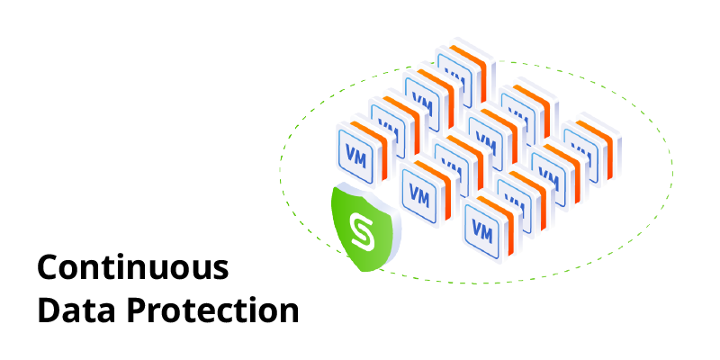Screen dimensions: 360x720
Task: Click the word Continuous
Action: (133, 268)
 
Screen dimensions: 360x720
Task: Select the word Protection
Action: (211, 310)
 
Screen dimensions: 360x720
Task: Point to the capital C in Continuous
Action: (47, 268)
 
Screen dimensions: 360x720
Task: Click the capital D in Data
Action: (47, 310)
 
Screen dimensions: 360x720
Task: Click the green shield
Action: (365, 228)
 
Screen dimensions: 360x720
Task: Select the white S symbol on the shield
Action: (363, 230)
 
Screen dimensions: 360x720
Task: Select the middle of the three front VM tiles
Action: (420, 192)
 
